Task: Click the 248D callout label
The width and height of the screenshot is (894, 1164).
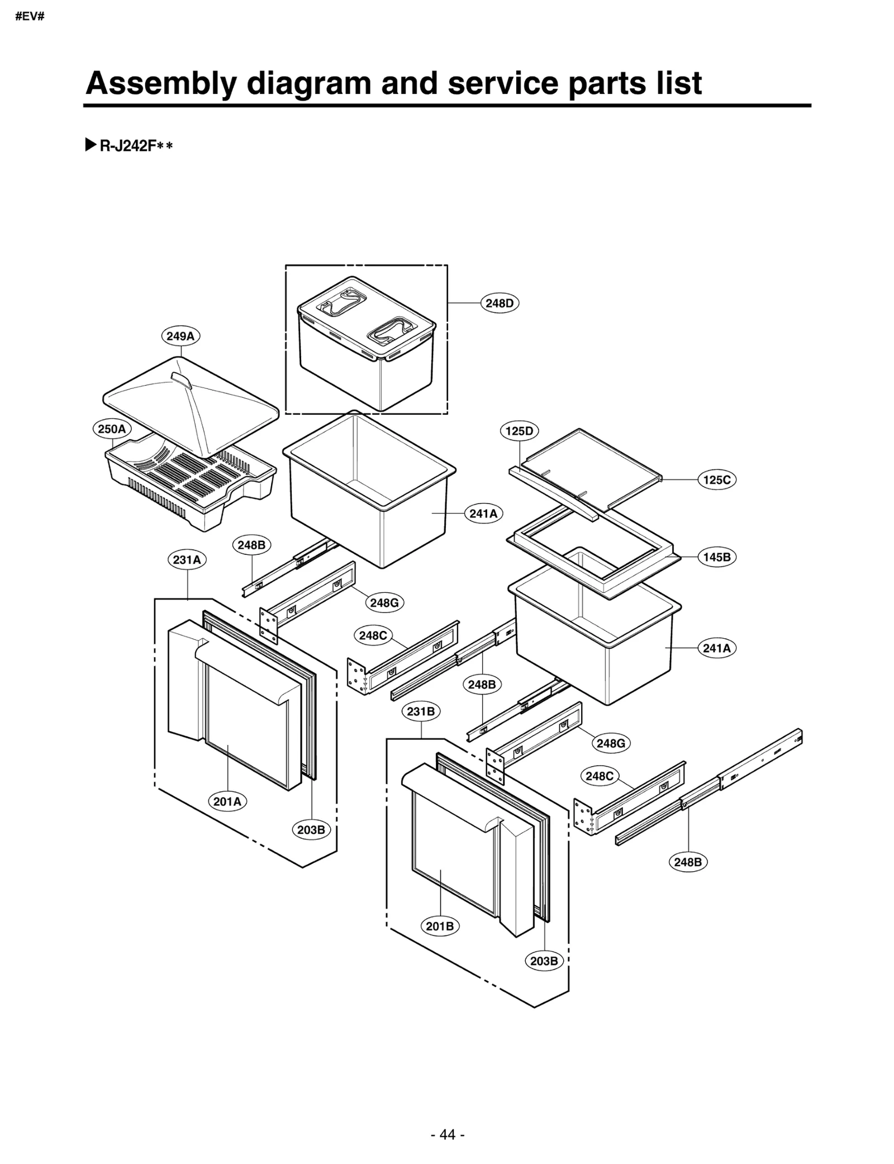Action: point(500,303)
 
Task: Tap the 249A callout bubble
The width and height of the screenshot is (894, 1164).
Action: point(180,336)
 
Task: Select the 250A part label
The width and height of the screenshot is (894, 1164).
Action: point(112,429)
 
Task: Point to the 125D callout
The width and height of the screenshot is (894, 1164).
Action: point(519,431)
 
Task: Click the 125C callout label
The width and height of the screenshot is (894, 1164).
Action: point(717,480)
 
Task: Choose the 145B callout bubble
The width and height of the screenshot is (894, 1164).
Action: point(717,557)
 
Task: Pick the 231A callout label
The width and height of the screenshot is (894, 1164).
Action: point(187,560)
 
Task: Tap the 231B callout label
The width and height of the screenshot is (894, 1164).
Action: point(421,711)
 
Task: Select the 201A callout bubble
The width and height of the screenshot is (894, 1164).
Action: point(227,802)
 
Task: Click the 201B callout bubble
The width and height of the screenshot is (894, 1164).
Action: point(440,927)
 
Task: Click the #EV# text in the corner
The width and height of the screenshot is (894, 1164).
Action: point(30,16)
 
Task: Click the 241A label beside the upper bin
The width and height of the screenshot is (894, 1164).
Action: point(483,514)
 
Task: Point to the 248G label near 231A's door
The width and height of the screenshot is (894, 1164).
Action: point(384,603)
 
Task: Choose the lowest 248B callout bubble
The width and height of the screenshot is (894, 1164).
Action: point(688,862)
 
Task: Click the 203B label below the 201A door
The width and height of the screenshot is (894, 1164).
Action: point(311,830)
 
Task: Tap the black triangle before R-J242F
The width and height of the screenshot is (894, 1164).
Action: point(91,146)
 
